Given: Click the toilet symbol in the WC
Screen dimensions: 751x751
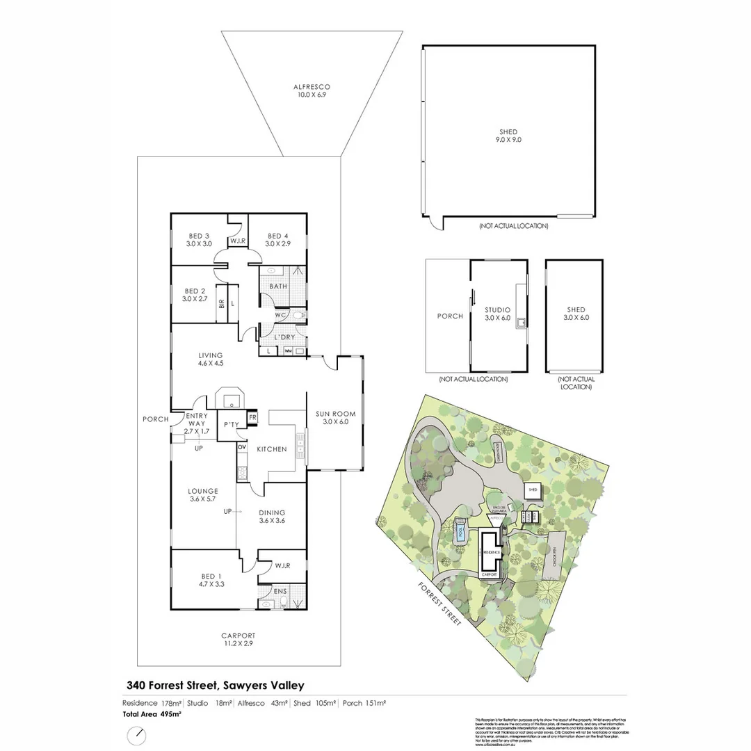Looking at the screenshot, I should point(298,316).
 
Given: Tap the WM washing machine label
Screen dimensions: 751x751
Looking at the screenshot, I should point(288,351).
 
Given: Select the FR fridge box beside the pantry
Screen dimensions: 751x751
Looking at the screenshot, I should point(252,417).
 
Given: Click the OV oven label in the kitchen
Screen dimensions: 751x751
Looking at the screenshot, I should point(241,446).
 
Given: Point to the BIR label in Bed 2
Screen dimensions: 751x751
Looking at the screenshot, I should point(221,304).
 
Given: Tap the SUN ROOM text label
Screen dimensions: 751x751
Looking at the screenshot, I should point(336,414).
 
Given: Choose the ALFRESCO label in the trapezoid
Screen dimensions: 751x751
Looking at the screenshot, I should point(311,87).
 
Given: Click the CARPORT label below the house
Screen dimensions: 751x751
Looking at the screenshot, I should point(239,635).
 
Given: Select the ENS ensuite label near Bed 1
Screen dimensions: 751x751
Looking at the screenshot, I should point(280,591).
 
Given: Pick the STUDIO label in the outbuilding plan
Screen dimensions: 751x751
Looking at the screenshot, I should point(498,310).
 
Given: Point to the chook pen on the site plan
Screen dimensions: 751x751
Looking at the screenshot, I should point(556,549).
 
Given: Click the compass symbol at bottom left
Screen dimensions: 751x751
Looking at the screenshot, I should point(137,734).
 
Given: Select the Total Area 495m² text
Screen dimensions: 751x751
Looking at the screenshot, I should point(152,713).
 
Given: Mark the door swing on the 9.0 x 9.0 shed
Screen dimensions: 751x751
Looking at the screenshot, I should point(433,222).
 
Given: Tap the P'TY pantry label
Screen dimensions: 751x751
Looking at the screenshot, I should point(229,425).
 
